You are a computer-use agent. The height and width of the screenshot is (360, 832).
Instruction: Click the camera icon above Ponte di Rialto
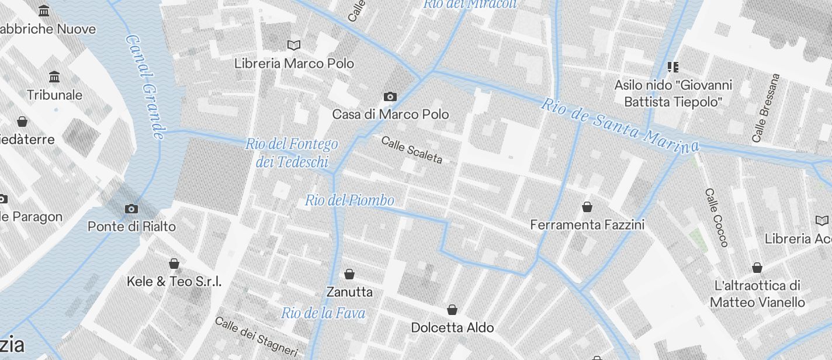(131, 209)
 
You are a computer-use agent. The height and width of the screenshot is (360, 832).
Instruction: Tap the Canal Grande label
(145, 86)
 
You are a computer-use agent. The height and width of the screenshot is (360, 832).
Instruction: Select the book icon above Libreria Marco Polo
(294, 45)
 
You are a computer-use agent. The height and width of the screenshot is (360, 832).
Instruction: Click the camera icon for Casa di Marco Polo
(390, 96)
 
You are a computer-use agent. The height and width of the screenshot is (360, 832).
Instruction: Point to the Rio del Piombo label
(349, 200)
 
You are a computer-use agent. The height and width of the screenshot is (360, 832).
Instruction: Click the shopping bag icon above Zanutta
(349, 274)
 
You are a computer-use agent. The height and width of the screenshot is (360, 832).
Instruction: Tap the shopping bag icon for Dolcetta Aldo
(452, 310)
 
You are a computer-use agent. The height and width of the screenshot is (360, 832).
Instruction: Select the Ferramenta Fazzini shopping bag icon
(587, 207)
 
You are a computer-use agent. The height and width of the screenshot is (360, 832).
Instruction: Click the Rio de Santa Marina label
(619, 124)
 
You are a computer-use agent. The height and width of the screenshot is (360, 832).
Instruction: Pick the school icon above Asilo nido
(673, 67)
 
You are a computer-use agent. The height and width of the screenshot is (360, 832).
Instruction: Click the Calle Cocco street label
(716, 217)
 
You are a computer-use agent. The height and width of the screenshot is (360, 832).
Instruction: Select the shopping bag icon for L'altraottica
(757, 268)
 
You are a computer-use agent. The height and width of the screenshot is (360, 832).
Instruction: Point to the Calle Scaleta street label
(412, 150)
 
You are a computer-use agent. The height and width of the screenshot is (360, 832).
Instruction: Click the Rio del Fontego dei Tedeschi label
(292, 153)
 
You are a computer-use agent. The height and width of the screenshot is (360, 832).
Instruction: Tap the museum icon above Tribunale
(54, 77)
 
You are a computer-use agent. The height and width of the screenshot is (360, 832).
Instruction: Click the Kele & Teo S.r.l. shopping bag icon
(174, 264)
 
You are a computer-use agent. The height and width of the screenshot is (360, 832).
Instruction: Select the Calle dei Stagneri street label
(256, 337)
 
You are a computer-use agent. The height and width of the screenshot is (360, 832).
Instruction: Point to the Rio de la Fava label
(323, 313)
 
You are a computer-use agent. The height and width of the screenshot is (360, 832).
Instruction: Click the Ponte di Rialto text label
(131, 226)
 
